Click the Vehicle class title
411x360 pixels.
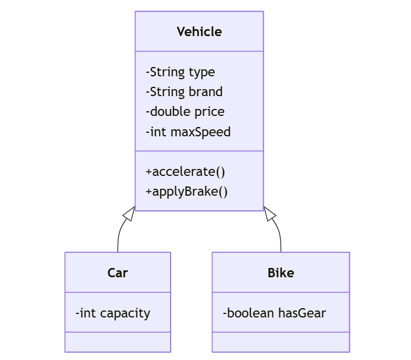coord(199,31)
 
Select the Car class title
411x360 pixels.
coord(118,273)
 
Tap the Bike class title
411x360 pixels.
coord(281,273)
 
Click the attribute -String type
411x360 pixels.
coord(180,72)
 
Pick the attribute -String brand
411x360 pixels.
coord(184,91)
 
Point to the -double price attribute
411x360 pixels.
coord(185,111)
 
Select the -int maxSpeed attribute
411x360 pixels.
coord(188,132)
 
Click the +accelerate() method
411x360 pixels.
coord(185,171)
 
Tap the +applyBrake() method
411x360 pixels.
coord(186,191)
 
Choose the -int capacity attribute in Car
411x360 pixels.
coord(112,313)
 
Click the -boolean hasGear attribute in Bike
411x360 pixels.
coord(274,313)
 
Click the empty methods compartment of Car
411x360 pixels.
coord(118,342)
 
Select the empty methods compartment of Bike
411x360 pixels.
coord(281,342)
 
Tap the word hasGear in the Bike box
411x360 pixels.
coord(302,313)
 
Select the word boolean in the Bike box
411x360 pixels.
coord(250,313)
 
